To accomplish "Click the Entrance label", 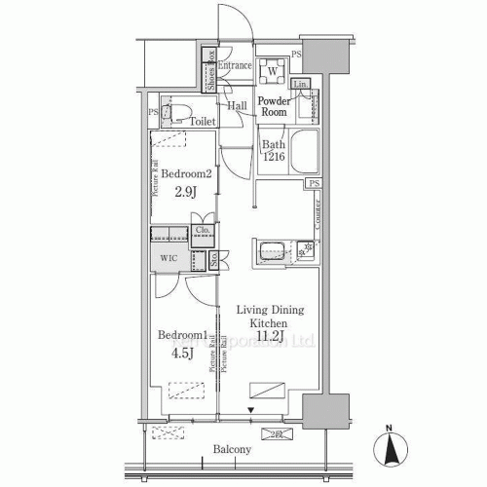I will coord(235,65).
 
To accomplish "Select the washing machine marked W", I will coord(274,71).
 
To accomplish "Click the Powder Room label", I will coord(278,105).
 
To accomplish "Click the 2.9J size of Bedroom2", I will coord(186,191).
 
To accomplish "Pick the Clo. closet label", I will coord(203,231).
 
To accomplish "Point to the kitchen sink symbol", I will coord(270,250).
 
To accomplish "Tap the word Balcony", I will coord(233,449).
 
